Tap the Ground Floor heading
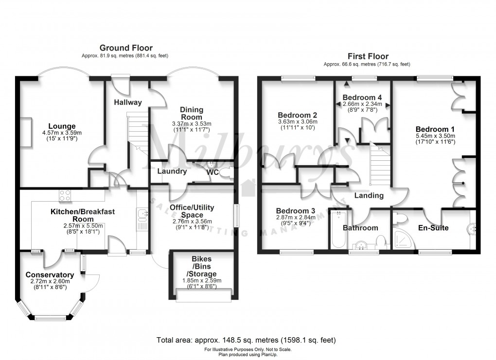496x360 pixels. pos(126,48)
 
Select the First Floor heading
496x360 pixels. pos(368,56)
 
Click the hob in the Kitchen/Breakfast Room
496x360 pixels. pos(66,195)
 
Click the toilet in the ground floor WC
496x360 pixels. pos(225,172)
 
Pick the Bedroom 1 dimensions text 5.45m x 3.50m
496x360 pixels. pos(436,137)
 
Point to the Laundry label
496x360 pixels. pos(172,171)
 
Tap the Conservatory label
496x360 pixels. pos(50,274)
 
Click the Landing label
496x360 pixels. pos(368,196)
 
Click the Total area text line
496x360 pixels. pos(246,340)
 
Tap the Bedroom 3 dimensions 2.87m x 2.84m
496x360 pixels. pos(296,218)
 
